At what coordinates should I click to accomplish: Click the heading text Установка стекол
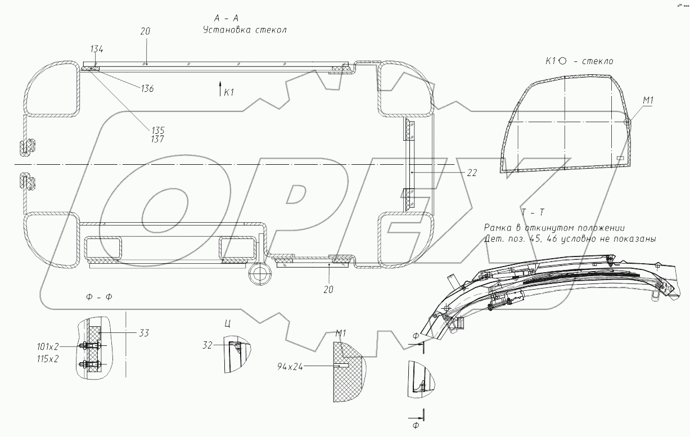[245, 30]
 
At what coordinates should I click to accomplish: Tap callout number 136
[148, 89]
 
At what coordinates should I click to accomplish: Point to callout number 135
[157, 130]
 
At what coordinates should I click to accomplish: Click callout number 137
[157, 139]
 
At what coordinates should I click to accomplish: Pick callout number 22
[471, 173]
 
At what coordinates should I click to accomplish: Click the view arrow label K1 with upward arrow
[226, 92]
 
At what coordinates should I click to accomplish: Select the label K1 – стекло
[579, 61]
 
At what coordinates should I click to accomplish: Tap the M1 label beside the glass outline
[649, 100]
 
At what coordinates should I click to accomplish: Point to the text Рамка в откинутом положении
[554, 228]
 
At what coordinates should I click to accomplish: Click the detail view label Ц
[227, 324]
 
